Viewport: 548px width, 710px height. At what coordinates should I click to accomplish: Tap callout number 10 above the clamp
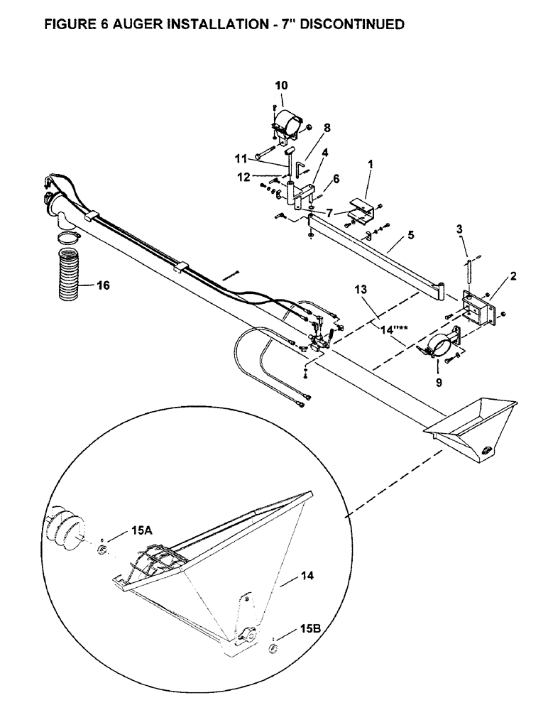tap(281, 85)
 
